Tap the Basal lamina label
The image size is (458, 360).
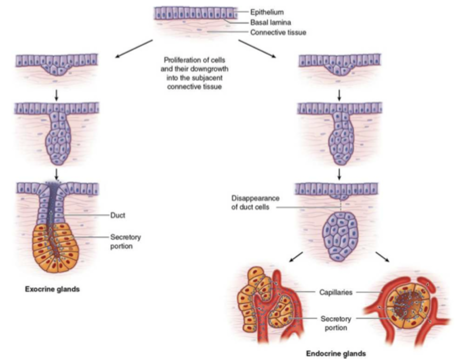(x=270, y=23)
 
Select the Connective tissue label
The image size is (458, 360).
(x=278, y=33)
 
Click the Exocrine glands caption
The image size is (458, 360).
(x=52, y=289)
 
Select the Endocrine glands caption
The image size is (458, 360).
(x=336, y=353)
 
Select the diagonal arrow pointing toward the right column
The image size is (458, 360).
(x=257, y=49)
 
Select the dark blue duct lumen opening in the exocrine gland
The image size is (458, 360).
(x=57, y=184)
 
